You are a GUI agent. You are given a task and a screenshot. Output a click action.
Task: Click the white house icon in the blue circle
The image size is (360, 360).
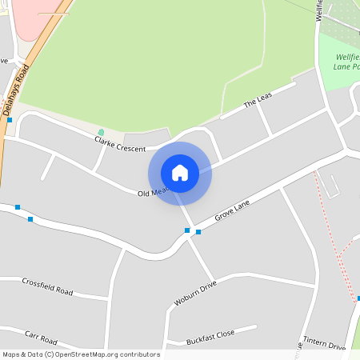pyautogui.click(x=180, y=173)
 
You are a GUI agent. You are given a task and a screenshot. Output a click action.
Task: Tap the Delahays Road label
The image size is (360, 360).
pyautogui.click(x=17, y=90)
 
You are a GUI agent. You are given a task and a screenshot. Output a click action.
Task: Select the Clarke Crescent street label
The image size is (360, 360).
pyautogui.click(x=120, y=144)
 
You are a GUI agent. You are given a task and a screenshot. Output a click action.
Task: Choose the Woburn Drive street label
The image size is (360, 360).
pyautogui.click(x=196, y=294)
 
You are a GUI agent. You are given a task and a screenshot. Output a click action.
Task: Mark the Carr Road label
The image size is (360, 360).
pyautogui.click(x=42, y=337)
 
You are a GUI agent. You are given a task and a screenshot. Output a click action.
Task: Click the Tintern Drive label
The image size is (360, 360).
pyautogui.click(x=326, y=345)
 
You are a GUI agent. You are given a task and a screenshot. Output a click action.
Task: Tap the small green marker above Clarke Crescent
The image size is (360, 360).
pyautogui.click(x=101, y=132)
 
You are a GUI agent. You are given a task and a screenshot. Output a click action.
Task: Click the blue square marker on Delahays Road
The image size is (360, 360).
pyautogui.click(x=10, y=120)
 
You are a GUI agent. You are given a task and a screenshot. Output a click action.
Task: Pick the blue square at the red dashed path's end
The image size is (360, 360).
pyautogui.click(x=358, y=298)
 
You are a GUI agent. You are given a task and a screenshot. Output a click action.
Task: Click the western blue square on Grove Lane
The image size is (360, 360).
pyautogui.click(x=187, y=230)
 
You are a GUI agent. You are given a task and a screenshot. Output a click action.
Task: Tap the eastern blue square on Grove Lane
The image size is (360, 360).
pyautogui.click(x=198, y=233)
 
